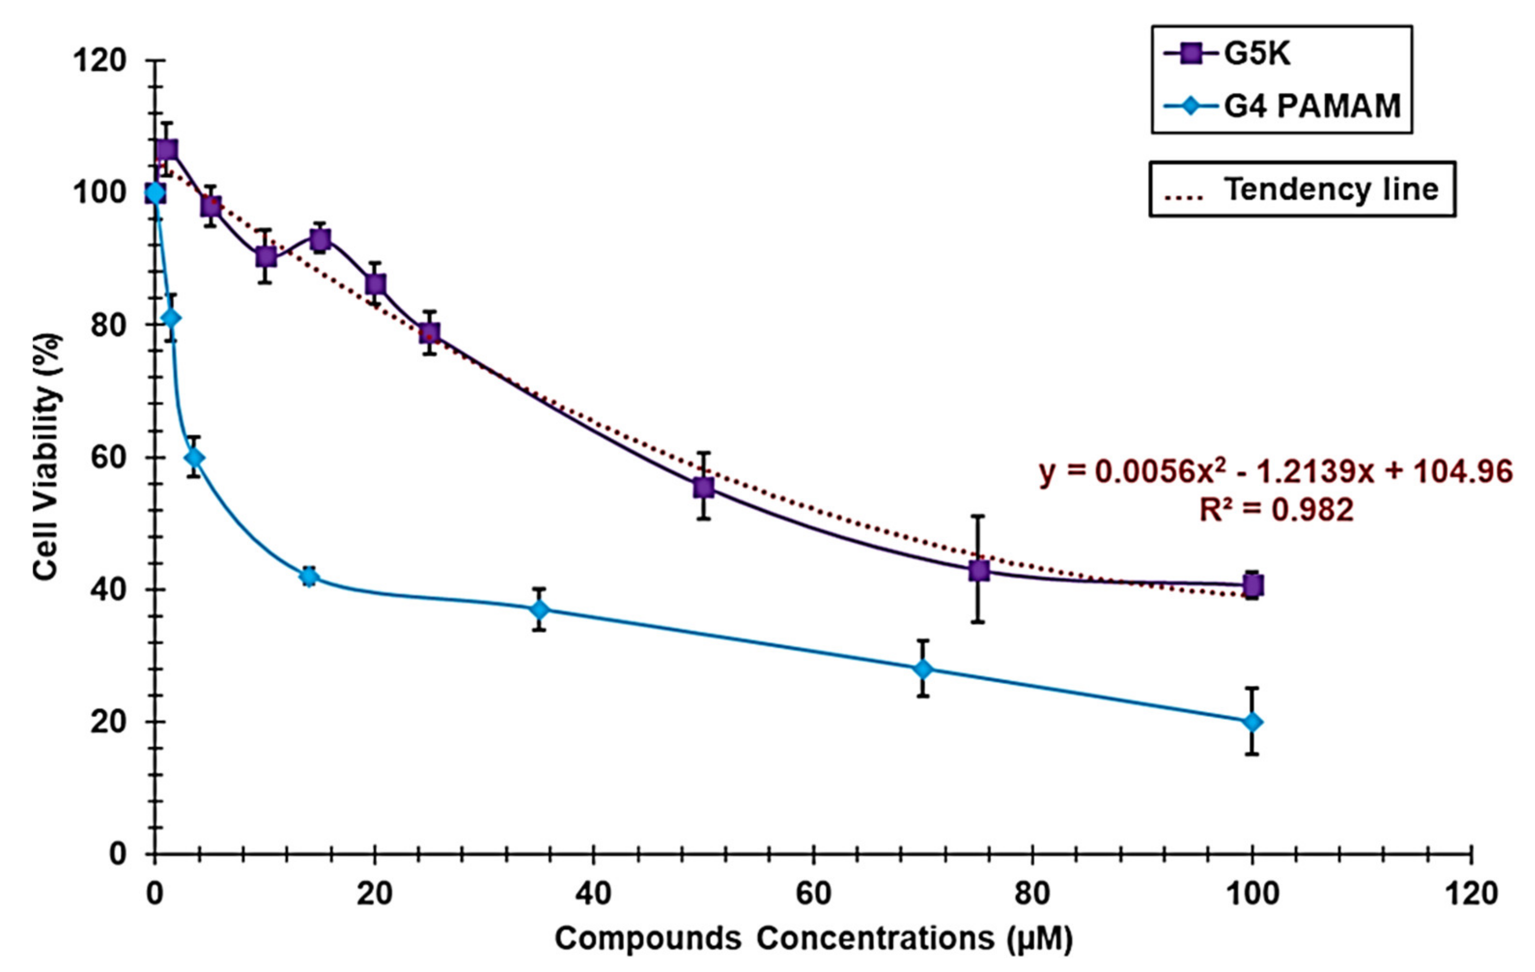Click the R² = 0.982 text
pos(1276,510)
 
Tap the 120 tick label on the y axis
pos(99,61)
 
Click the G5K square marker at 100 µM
pos(1253,585)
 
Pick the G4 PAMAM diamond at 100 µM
pos(1253,721)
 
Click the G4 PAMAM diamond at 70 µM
pos(923,669)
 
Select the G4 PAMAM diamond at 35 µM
pos(539,609)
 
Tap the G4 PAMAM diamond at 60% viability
pos(195,458)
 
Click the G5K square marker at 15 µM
pos(320,239)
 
